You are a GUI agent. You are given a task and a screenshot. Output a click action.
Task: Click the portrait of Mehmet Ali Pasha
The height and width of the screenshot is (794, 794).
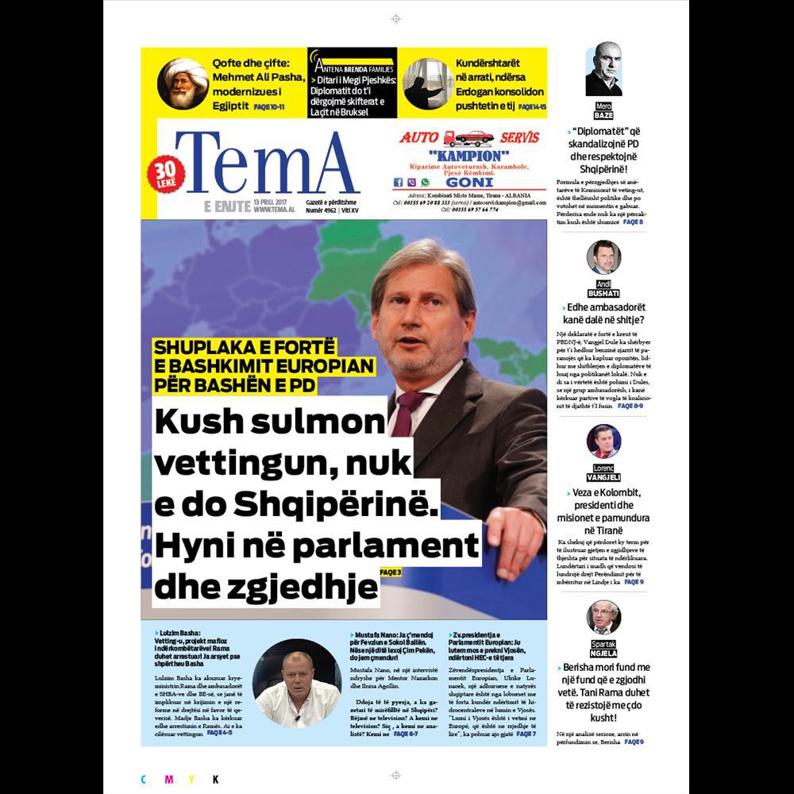183,83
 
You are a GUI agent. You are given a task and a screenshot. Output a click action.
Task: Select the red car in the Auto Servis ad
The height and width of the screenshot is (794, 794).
474,137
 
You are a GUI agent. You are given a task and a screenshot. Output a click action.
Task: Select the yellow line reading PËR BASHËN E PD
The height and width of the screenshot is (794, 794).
234,385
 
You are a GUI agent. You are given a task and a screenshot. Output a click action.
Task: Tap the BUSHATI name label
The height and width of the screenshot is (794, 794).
603,294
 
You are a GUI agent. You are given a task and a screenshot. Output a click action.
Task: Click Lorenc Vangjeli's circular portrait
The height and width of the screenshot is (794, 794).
603,441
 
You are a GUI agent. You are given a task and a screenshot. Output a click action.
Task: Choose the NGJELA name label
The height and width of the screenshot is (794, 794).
603,653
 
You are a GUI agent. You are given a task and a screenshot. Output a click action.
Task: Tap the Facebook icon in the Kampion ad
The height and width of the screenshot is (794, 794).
399,182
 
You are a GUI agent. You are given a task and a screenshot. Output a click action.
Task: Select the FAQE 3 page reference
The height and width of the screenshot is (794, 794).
391,571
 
